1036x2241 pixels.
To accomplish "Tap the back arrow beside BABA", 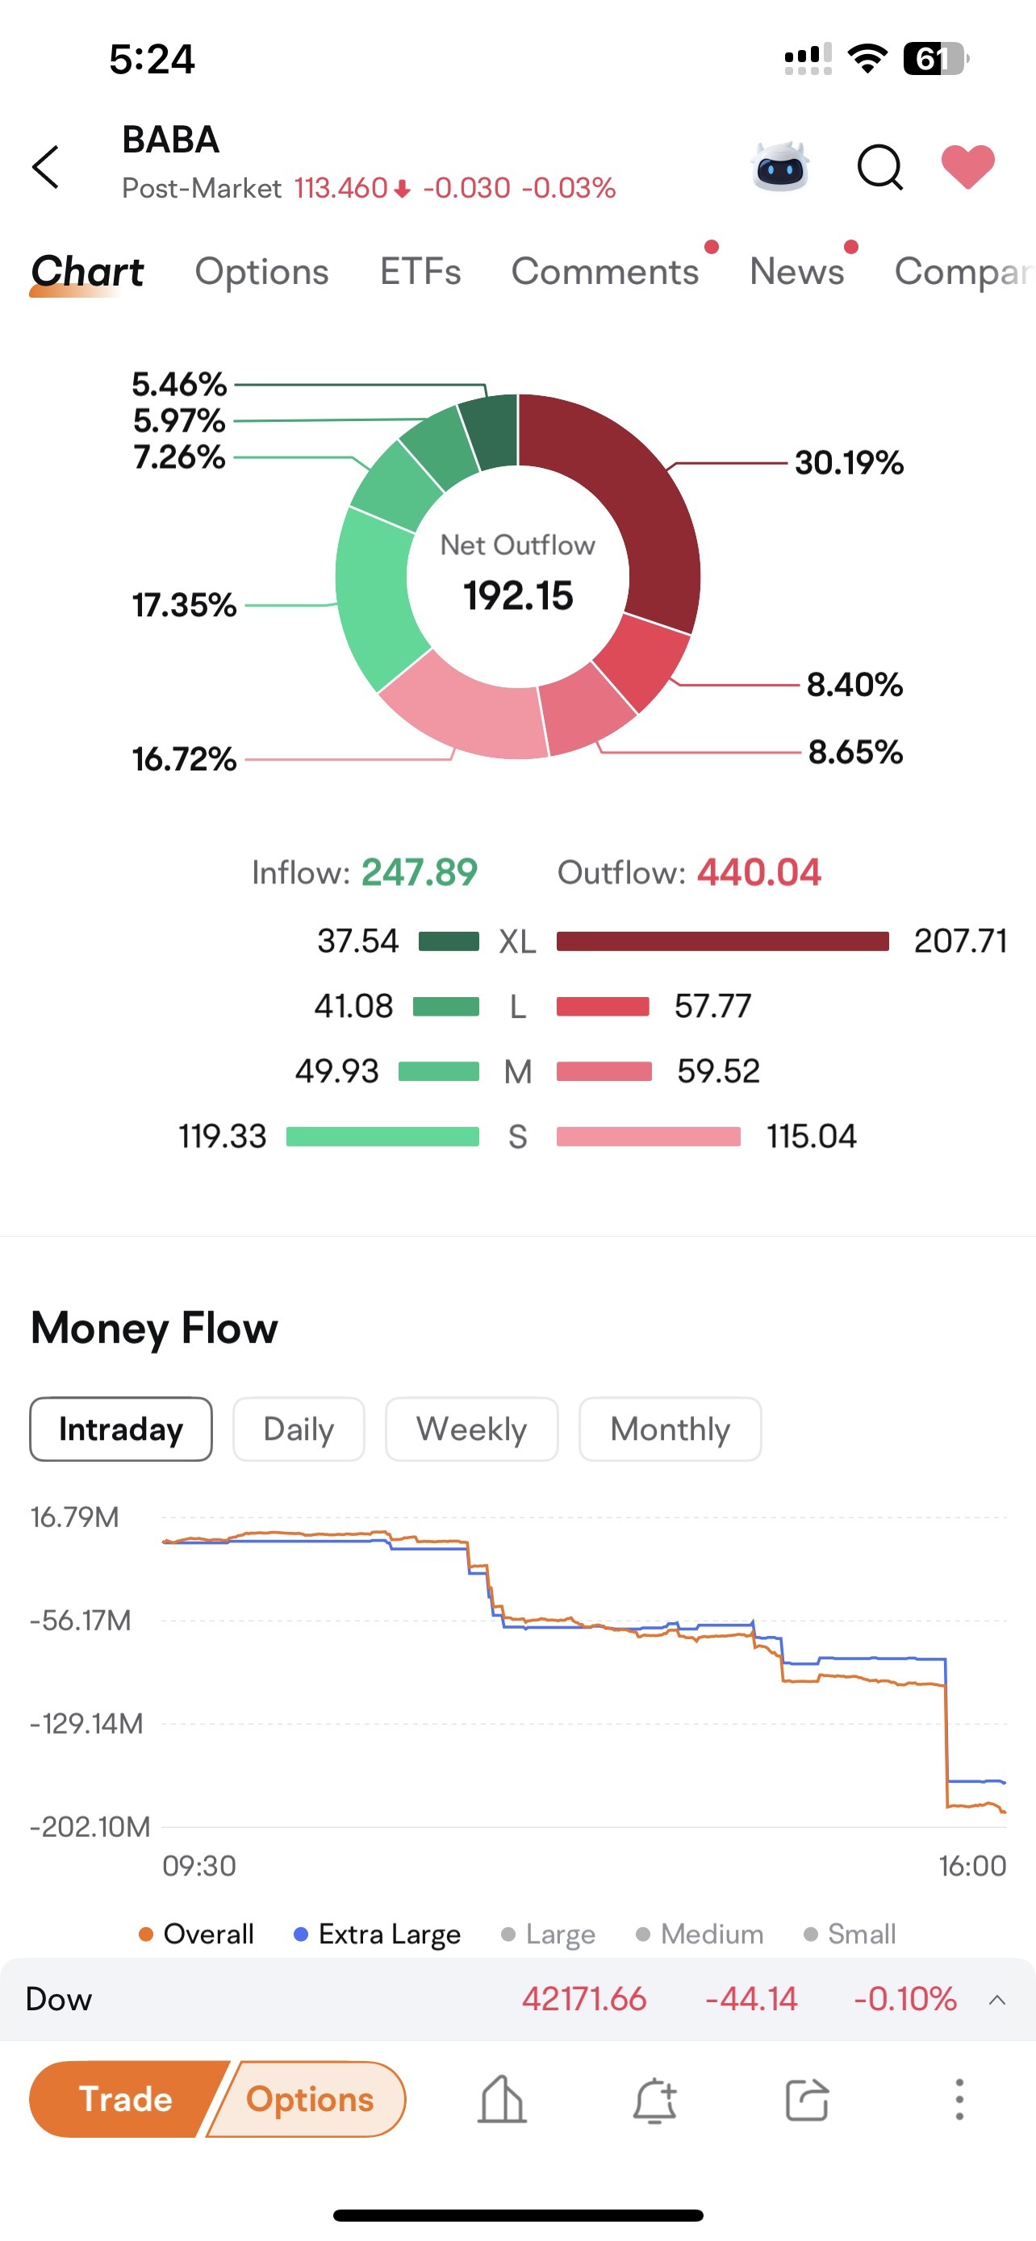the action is (45, 166).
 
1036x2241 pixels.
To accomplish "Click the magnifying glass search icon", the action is (879, 166).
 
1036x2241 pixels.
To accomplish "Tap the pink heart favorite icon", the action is (967, 165).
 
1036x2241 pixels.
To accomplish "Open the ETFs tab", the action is (420, 271).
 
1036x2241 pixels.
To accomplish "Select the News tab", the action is (797, 271).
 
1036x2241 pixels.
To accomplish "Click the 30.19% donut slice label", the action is (849, 463).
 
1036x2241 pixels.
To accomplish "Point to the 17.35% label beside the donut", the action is (185, 604).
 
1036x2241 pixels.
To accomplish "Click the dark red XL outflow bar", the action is (723, 941).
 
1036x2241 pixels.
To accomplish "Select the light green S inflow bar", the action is (382, 1137).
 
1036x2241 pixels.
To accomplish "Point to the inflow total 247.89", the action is (420, 873).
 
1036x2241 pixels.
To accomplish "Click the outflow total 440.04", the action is (758, 873).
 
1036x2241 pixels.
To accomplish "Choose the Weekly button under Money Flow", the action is (471, 1429).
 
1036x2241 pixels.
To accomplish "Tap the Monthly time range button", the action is (670, 1429).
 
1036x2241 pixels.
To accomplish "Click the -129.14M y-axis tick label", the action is (86, 1723).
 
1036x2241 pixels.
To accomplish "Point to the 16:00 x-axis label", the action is (972, 1866).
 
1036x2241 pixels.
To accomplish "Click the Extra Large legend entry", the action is (378, 1934).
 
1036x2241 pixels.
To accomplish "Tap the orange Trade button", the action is (126, 2099).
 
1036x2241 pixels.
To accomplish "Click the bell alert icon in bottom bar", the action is (654, 2100).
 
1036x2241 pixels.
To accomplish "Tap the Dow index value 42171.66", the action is (583, 1999).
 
